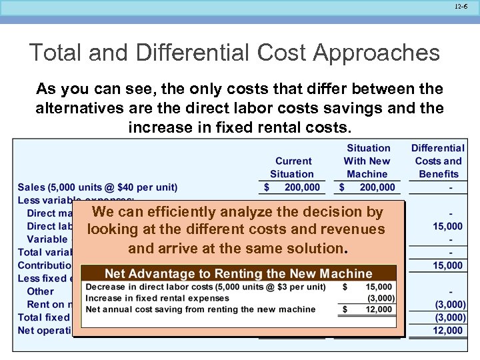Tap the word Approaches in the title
[374, 53]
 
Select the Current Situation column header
[293, 167]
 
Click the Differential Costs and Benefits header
[438, 161]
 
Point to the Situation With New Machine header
[367, 161]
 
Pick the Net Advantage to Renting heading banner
[238, 273]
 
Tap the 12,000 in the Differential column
[448, 330]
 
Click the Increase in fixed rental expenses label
[147, 298]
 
